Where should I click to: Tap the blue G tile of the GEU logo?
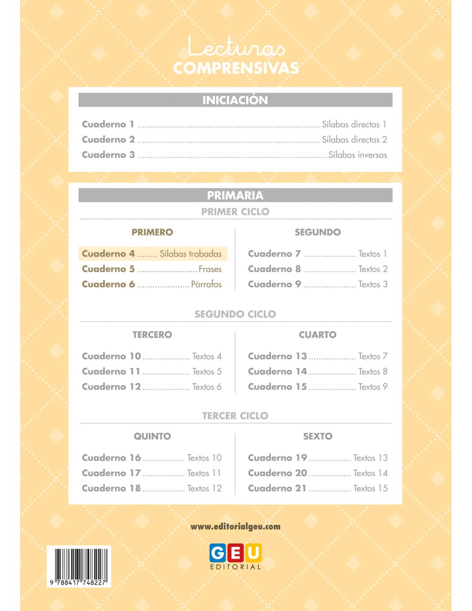[218, 553]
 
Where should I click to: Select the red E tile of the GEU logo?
[236, 553]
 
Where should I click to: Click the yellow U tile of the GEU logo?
[253, 553]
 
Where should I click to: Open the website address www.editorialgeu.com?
[235, 526]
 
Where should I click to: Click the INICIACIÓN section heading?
[235, 100]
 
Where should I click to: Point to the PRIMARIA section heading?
[235, 196]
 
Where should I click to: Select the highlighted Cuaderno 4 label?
[108, 254]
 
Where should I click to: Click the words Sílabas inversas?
[357, 155]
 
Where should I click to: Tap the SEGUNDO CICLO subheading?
[235, 314]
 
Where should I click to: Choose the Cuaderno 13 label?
[277, 356]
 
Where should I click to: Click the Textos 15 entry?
[370, 488]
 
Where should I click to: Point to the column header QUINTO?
[152, 436]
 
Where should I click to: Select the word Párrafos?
[206, 284]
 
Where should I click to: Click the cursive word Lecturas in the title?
[236, 47]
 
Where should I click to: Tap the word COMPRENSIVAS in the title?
[236, 68]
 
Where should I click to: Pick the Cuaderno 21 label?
[277, 488]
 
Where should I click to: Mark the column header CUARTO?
[318, 335]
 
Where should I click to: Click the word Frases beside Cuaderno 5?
[210, 269]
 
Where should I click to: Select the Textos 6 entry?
[207, 387]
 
